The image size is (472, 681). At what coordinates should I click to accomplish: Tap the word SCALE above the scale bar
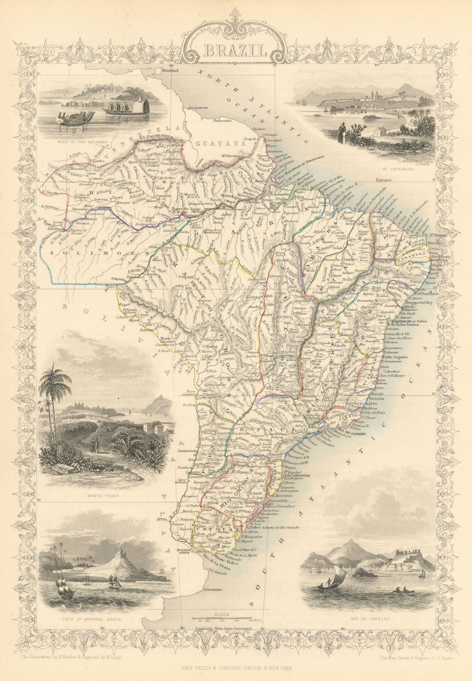[222, 615]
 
